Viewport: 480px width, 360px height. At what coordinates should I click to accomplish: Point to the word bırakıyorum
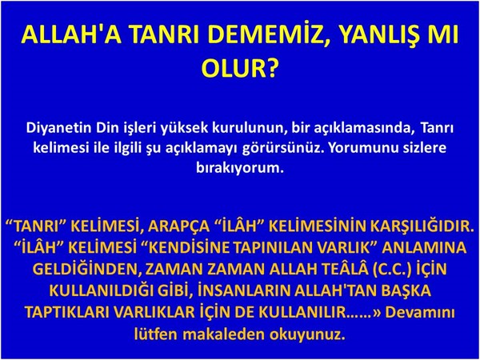(240, 168)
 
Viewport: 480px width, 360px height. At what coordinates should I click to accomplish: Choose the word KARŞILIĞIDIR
(420, 227)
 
